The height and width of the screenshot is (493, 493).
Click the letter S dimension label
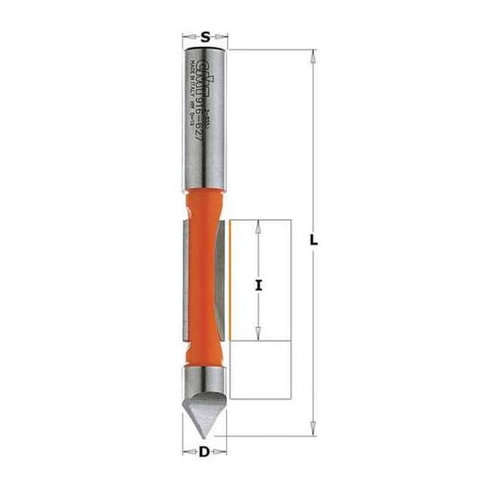(206, 36)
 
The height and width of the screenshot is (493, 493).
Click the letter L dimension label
(315, 242)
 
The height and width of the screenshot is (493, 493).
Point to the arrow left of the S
(190, 37)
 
